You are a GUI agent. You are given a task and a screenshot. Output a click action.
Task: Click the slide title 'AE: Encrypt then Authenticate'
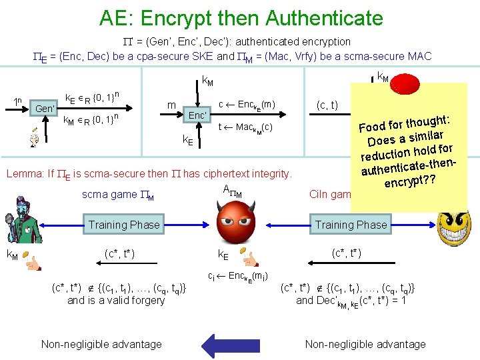point(241,17)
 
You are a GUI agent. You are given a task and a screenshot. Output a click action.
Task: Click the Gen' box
point(45,109)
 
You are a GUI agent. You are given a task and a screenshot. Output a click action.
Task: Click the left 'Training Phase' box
point(124,225)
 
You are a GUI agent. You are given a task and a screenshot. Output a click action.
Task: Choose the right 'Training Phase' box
point(351,225)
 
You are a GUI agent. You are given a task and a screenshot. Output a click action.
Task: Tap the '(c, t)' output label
point(327,105)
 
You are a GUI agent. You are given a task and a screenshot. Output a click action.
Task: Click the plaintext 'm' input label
point(171,105)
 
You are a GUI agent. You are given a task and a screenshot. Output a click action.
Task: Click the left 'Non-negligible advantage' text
point(101,344)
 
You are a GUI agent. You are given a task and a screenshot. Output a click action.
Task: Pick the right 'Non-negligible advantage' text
point(365,344)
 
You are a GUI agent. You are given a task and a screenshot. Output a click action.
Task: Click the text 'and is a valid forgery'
point(115,300)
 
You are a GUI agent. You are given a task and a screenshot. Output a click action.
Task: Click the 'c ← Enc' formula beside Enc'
point(246,104)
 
